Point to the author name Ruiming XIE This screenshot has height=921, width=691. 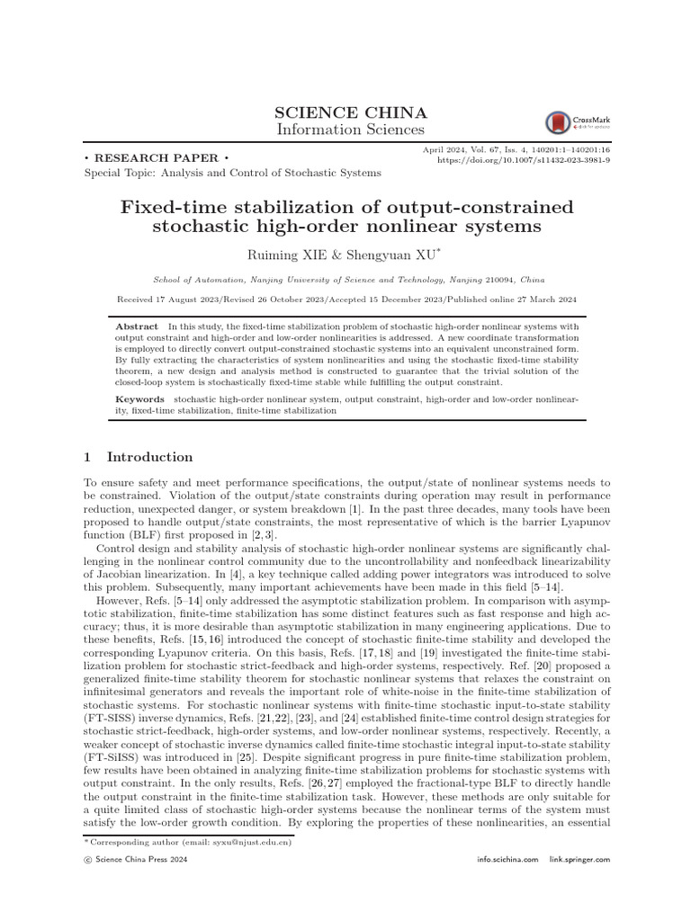[x=292, y=255]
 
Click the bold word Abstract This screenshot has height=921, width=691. [x=137, y=326]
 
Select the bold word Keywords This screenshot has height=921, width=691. [x=140, y=398]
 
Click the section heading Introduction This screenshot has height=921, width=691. [x=149, y=457]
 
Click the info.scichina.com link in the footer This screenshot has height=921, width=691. [x=507, y=861]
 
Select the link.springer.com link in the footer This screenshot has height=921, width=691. [x=579, y=861]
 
